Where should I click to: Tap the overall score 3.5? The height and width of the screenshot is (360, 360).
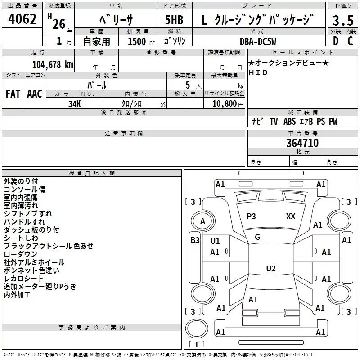tap(342, 21)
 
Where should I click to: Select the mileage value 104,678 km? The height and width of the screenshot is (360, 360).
tap(53, 64)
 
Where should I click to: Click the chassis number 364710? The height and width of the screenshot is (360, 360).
tap(302, 143)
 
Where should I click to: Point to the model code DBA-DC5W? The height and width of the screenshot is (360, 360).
tap(258, 41)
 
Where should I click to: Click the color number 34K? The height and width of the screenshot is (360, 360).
tap(75, 103)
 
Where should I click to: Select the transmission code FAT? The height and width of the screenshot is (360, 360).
tap(13, 94)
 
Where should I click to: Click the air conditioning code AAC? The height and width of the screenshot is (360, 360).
tap(35, 94)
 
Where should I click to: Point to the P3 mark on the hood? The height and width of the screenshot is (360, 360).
tap(251, 216)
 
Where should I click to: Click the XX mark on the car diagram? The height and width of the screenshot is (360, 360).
tap(291, 216)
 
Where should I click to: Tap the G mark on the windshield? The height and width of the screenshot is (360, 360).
tap(257, 237)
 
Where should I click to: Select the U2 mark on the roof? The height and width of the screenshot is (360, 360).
tap(270, 269)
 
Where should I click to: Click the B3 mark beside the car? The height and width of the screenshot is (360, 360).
tap(195, 240)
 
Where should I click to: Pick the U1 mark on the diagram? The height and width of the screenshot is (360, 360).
tap(215, 241)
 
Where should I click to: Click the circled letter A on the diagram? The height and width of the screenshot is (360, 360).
tap(202, 221)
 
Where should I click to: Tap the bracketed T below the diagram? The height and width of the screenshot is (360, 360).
tap(196, 345)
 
